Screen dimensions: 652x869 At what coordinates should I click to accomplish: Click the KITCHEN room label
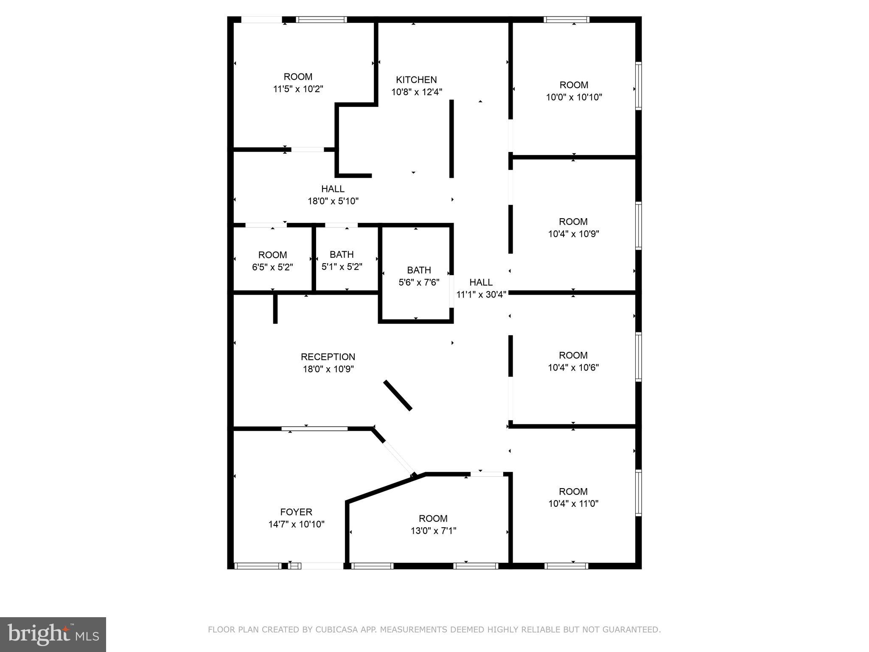(416, 80)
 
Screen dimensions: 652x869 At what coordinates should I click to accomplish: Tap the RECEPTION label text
(328, 357)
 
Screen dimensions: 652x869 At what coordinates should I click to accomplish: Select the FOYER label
(296, 512)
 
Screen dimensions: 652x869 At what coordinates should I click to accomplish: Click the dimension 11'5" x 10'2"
(298, 89)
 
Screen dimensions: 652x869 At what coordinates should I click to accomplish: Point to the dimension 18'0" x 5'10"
(333, 201)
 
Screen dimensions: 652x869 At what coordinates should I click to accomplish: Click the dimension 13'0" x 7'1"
(433, 531)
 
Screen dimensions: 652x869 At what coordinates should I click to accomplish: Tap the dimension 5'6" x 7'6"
(419, 282)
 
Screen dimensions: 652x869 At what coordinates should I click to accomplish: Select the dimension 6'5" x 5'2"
(272, 267)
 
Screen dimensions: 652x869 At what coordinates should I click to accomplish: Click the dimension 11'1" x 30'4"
(481, 295)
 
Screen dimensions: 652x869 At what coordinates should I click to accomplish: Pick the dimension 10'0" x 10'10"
(574, 97)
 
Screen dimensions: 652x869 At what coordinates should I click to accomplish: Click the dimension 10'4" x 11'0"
(573, 504)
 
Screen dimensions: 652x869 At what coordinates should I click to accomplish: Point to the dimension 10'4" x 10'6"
(573, 368)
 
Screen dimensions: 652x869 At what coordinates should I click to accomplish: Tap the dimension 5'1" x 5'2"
(342, 267)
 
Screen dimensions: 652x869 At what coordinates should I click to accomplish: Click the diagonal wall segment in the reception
(398, 395)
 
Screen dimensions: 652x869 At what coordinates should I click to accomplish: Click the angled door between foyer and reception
(399, 458)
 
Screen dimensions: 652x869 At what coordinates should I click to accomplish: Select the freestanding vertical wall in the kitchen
(451, 138)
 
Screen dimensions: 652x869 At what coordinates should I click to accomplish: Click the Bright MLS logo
(53, 634)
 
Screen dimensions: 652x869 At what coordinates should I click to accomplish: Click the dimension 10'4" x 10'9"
(573, 234)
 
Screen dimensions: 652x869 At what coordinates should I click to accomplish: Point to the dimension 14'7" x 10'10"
(296, 524)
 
